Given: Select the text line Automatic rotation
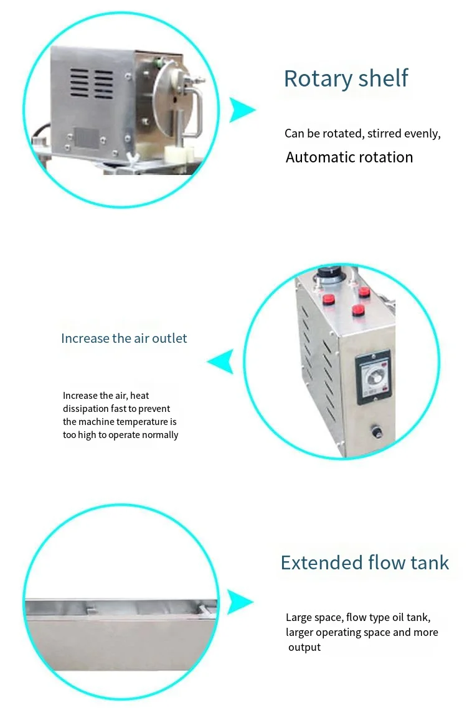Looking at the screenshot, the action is click(x=349, y=157).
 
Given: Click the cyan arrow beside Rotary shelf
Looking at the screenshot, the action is click(x=242, y=110).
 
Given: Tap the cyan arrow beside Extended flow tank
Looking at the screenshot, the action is click(x=240, y=602).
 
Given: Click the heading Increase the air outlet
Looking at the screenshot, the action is click(x=124, y=338).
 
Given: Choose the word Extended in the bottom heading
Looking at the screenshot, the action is click(x=318, y=563).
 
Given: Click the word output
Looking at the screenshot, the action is click(x=304, y=647).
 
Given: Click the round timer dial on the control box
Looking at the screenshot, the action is click(x=372, y=376).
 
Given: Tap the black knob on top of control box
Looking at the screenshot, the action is click(x=328, y=274).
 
